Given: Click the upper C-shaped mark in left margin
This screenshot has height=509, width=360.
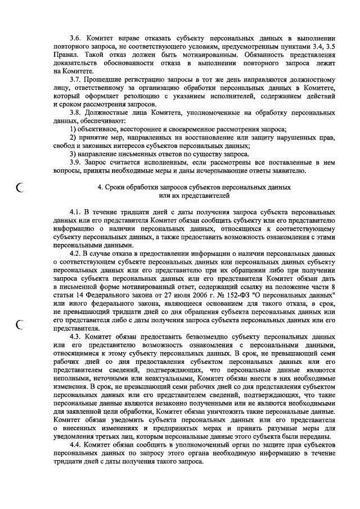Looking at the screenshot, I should click(x=21, y=190).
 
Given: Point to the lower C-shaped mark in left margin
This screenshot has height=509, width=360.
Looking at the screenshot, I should click(x=21, y=325).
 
